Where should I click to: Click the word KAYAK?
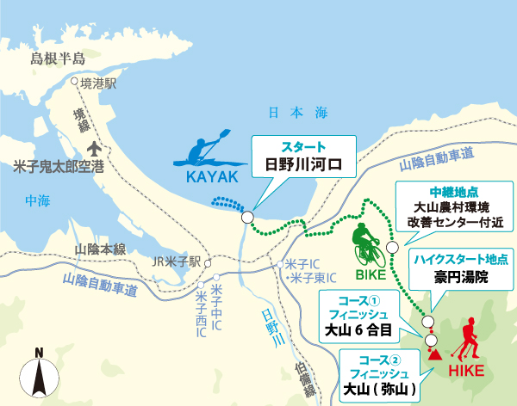point(210,177)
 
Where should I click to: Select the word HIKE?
point(467,372)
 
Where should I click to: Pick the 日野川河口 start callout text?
point(303,163)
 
